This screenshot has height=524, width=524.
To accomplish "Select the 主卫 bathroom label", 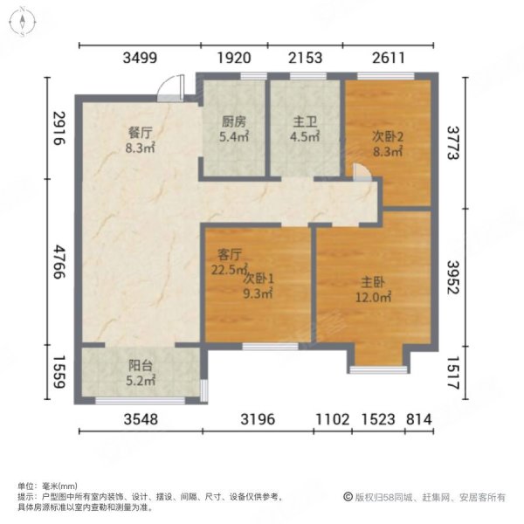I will point(303,123).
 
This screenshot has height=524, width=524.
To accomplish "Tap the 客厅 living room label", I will point(229,255).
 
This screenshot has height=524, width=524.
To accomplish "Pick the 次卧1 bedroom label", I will point(259,279).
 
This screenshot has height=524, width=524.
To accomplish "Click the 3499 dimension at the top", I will point(140,59).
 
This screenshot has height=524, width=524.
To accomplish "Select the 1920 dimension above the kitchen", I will point(233,59).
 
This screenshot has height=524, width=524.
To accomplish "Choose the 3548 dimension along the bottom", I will point(141,419).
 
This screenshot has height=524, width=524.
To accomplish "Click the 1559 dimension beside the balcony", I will point(59,374).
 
